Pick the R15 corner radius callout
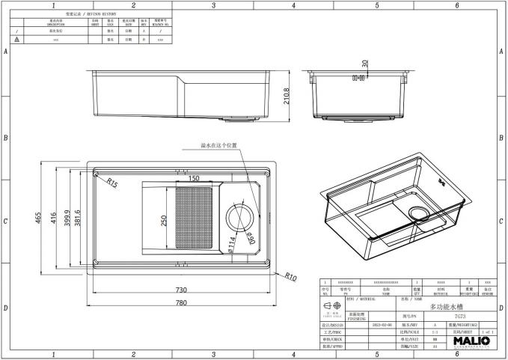(x=111, y=183)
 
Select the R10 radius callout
(x=291, y=275)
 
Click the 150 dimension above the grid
(x=194, y=179)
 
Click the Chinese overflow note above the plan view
(x=218, y=147)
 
